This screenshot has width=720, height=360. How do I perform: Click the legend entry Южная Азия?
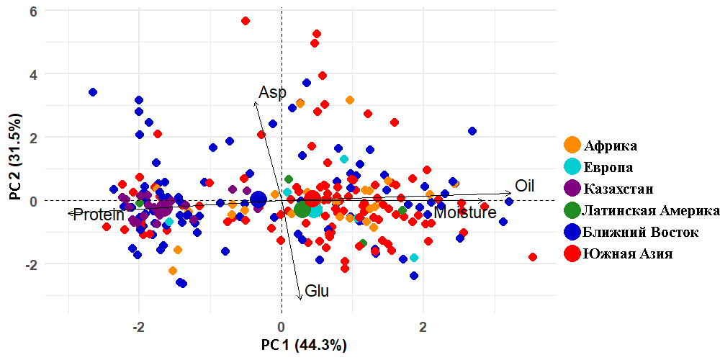628,254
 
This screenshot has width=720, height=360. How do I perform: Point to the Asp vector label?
272,93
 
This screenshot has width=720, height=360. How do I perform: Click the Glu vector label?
317,292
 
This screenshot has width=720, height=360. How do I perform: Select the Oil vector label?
524,186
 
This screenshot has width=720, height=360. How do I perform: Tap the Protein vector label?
99,215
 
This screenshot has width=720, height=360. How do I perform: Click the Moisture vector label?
465,213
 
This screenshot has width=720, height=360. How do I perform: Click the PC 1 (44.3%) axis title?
305,345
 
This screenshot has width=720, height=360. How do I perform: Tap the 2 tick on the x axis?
423,326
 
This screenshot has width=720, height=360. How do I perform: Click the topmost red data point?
246,21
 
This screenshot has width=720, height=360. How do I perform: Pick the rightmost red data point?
533,257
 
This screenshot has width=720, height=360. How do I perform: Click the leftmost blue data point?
93,92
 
